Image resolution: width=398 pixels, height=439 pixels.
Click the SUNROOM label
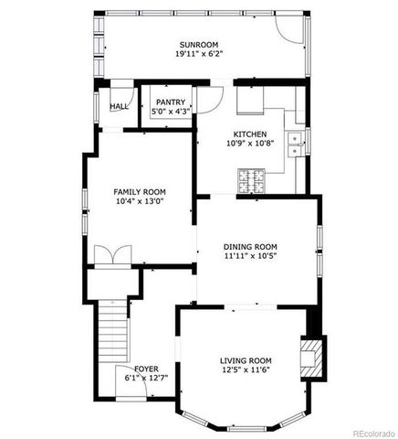point(199,44)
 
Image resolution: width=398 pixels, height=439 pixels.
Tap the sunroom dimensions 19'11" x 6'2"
point(199,54)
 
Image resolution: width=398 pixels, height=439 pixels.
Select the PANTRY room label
point(171,102)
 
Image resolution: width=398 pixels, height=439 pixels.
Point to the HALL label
point(119,106)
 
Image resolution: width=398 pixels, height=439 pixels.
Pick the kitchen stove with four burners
point(251,180)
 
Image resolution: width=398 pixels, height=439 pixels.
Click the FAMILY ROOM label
point(138,191)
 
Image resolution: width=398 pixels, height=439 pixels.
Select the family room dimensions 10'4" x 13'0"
point(138,202)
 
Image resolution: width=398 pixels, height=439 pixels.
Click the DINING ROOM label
point(250,246)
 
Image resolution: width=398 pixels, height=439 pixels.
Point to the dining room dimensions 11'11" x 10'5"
point(250,257)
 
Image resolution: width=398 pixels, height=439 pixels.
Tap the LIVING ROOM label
point(246,360)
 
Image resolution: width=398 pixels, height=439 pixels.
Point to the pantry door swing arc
point(211,97)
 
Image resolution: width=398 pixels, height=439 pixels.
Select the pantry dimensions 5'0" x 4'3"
point(171,112)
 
